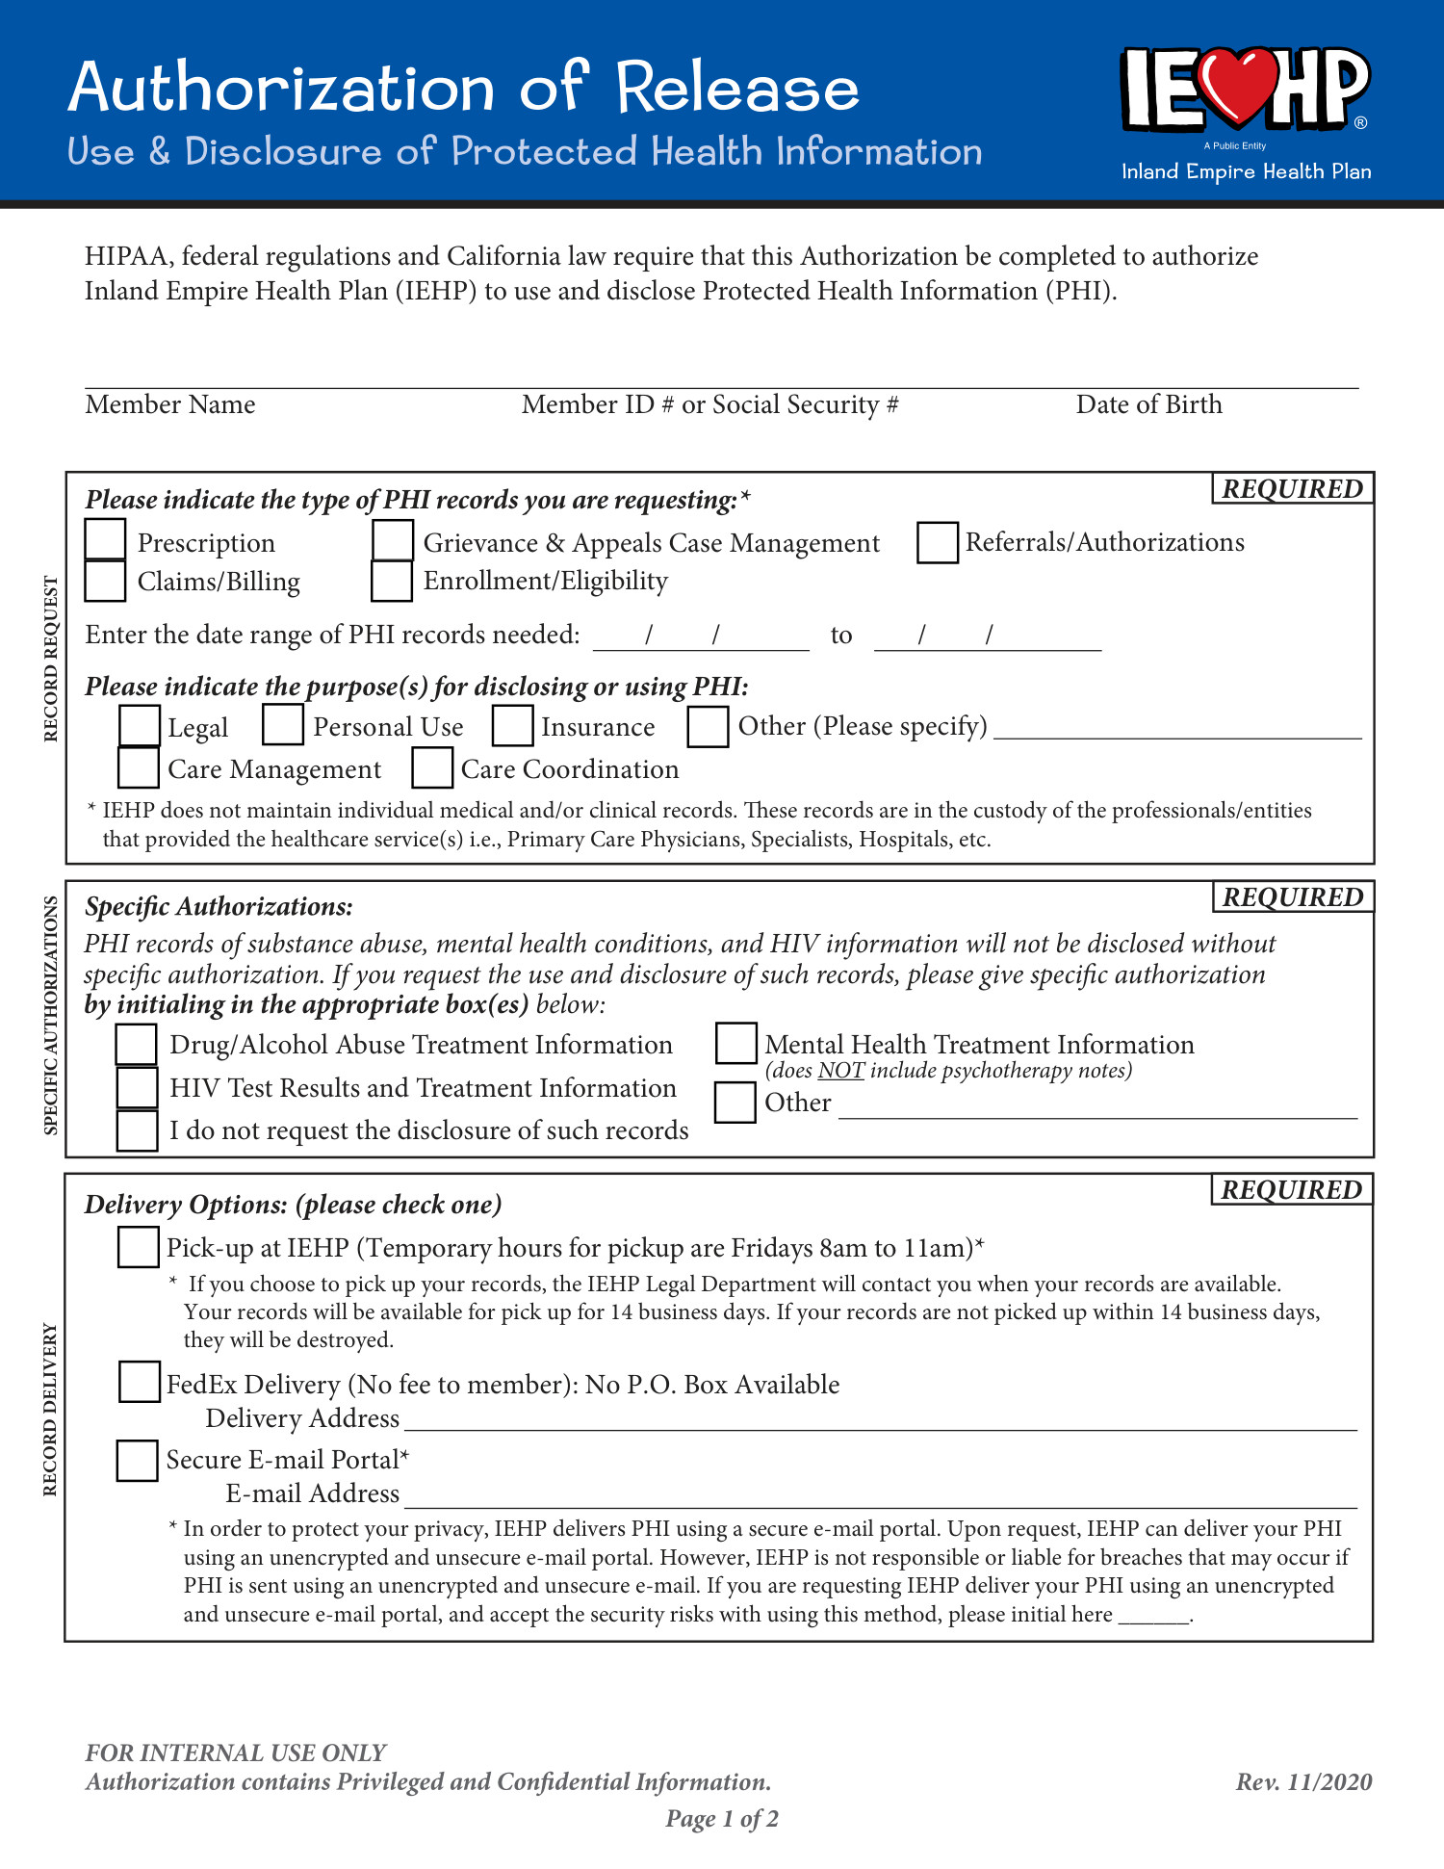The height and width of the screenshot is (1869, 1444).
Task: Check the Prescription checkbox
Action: tap(105, 539)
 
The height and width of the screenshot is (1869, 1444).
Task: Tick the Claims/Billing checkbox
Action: tap(105, 581)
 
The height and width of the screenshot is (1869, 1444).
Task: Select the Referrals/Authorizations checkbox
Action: tap(937, 542)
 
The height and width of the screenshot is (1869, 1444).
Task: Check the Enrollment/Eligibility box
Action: tap(392, 581)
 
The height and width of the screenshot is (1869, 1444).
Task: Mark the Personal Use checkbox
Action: tap(283, 724)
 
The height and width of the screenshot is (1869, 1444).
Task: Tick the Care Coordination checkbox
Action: tap(432, 767)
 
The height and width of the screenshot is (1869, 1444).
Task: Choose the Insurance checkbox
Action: tap(512, 725)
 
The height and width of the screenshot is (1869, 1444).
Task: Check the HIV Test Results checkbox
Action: tap(137, 1087)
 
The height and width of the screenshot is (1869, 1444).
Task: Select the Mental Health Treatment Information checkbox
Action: tap(735, 1043)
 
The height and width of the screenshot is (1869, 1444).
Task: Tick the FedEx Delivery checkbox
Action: tap(139, 1382)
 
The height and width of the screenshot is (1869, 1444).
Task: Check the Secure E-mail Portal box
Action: tap(137, 1460)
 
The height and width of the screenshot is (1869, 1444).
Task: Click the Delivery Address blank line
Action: tap(880, 1421)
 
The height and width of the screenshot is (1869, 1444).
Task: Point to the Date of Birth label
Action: tap(1148, 404)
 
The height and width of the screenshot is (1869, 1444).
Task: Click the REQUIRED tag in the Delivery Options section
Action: tap(1291, 1190)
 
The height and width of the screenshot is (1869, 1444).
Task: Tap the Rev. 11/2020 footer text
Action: tap(1303, 1782)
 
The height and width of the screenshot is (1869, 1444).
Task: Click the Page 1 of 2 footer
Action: tap(722, 1819)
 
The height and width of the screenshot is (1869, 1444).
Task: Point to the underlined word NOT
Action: tap(840, 1071)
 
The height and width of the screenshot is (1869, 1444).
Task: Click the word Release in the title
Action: tap(736, 88)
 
